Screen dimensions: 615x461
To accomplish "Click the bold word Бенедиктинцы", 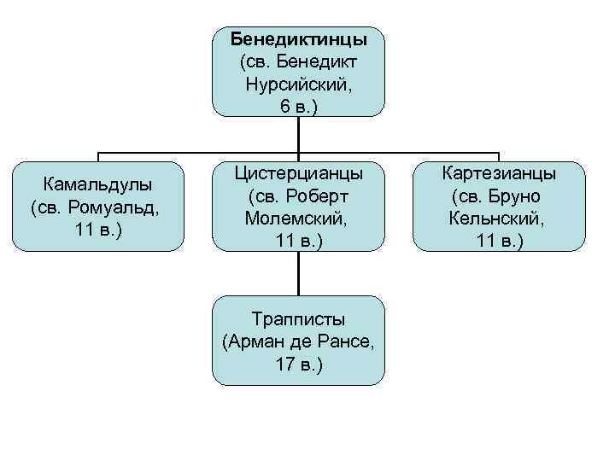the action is click(299, 39).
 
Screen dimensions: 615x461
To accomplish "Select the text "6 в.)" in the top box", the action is click(299, 107).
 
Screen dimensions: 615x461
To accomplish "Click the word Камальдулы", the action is click(98, 184).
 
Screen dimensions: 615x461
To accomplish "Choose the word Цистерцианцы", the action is click(299, 173).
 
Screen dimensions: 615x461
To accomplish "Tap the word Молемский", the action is click(296, 219).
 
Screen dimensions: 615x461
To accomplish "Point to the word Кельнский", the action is click(496, 219).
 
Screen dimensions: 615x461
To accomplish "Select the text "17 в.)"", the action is click(299, 365).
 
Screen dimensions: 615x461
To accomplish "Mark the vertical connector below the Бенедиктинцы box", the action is click(299, 134).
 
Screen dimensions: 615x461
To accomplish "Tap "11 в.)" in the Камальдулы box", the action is click(98, 230).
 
